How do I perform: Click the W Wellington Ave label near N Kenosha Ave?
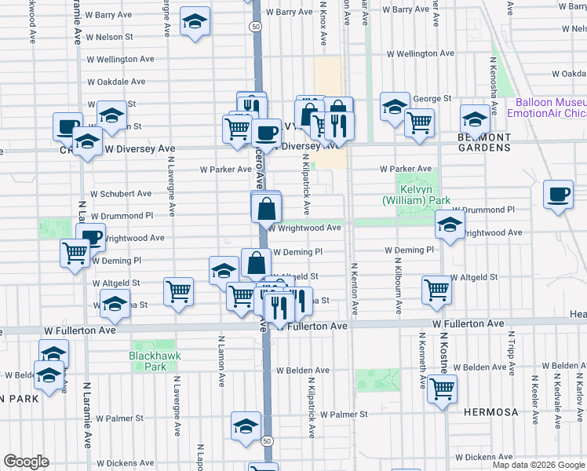[x=421, y=53]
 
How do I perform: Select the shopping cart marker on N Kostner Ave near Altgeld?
[x=436, y=289]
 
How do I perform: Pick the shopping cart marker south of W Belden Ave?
[x=443, y=388]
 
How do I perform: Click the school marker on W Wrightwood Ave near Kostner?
[x=449, y=225]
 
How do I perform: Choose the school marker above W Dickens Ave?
[x=246, y=425]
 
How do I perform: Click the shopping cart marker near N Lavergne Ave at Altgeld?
[x=179, y=291]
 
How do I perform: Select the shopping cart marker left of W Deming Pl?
[x=75, y=253]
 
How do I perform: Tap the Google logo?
[x=26, y=462]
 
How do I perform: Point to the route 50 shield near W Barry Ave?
[x=256, y=26]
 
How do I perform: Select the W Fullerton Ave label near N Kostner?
[x=468, y=323]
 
